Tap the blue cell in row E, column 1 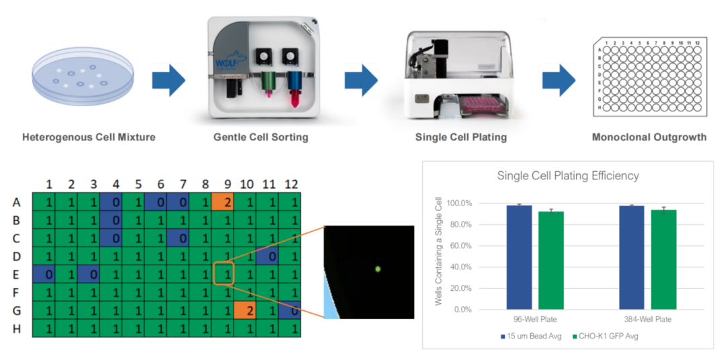[x=47, y=274]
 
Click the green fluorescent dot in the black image [x=378, y=269]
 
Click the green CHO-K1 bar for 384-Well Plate [x=663, y=260]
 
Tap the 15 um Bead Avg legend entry [x=534, y=335]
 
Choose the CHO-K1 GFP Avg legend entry [x=607, y=335]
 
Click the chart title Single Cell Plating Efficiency [x=568, y=176]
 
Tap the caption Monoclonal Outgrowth [x=649, y=138]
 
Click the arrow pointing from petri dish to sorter [x=168, y=81]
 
